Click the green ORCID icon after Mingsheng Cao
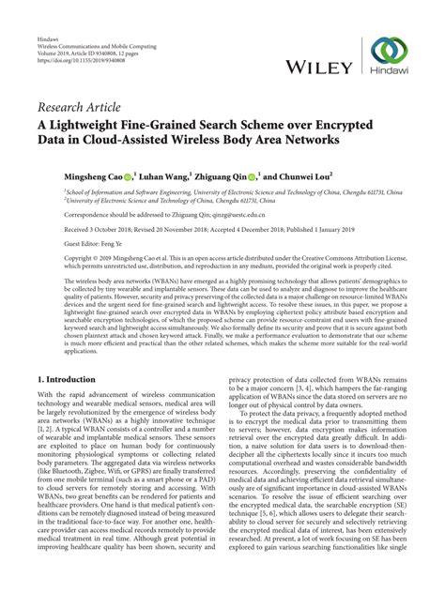(127, 175)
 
